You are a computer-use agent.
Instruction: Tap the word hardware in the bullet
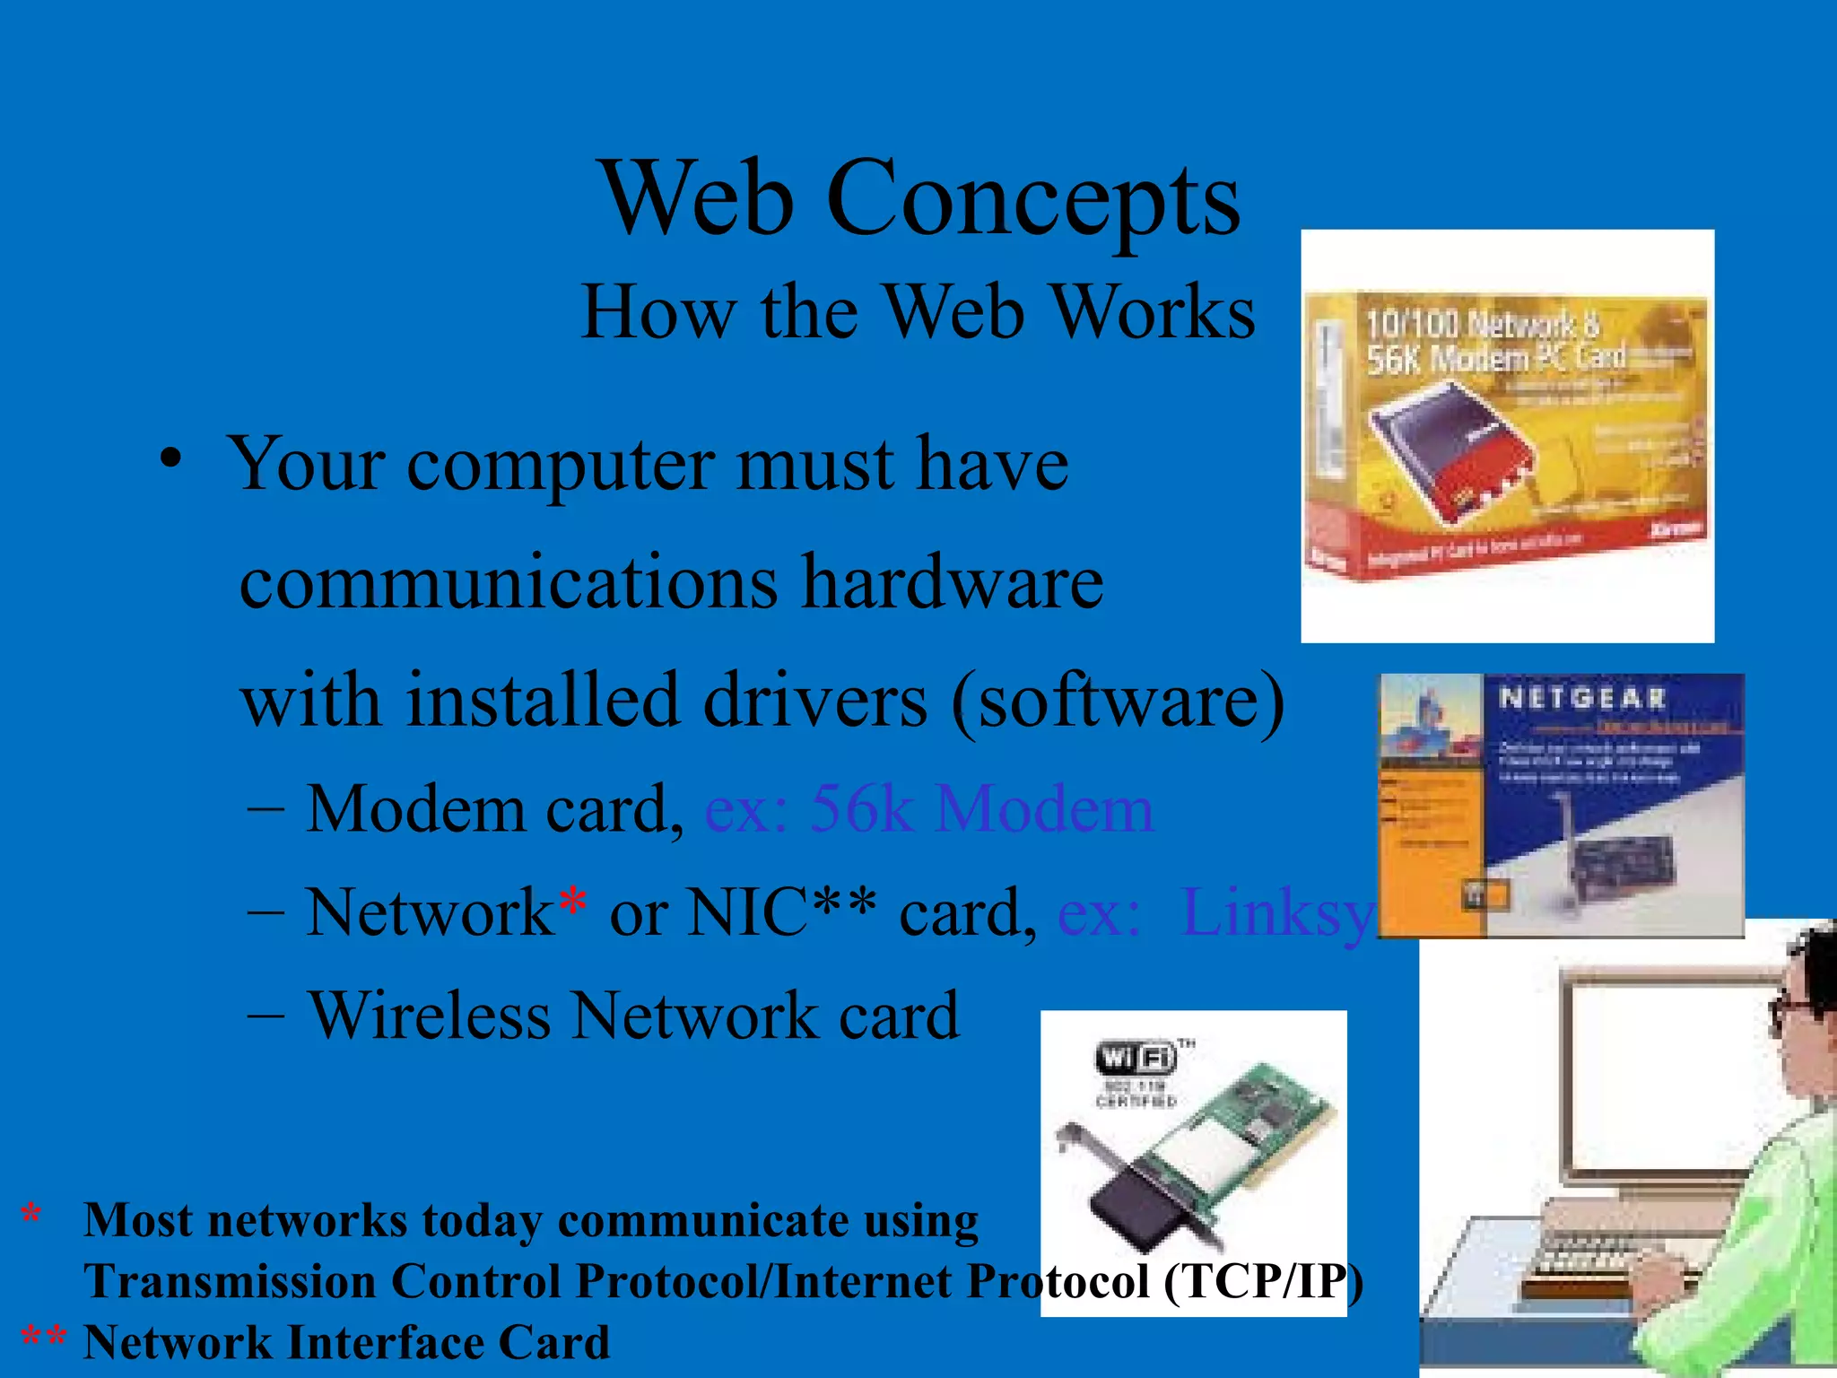(x=953, y=582)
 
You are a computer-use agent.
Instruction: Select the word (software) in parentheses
(x=1119, y=700)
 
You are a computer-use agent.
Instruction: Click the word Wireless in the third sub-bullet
(x=429, y=1016)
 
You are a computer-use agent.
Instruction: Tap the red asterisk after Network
(x=572, y=902)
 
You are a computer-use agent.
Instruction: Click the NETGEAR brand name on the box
(x=1582, y=698)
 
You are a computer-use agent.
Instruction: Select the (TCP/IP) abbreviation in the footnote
(x=1263, y=1281)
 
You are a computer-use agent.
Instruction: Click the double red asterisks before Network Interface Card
(x=43, y=1337)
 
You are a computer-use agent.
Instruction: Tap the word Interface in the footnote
(x=385, y=1343)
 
